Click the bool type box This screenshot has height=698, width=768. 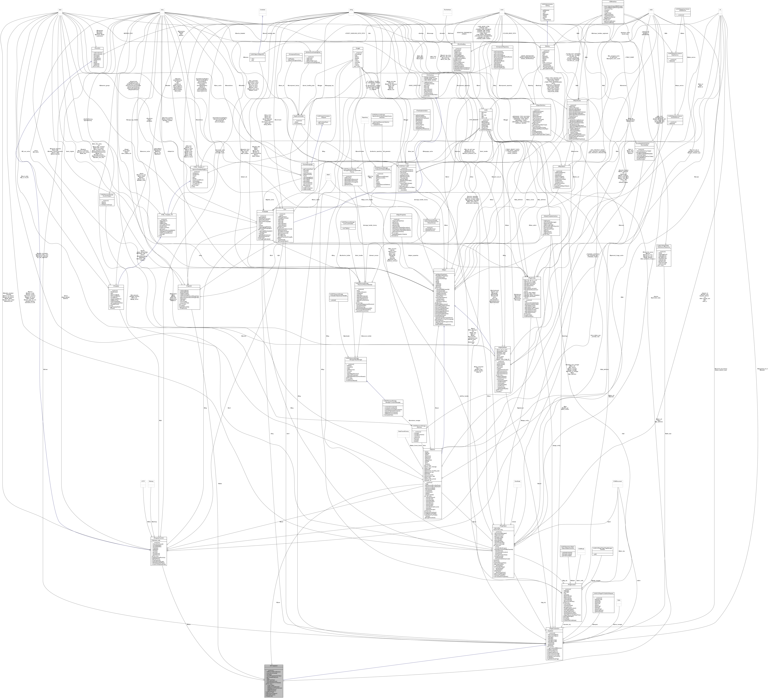(x=60, y=10)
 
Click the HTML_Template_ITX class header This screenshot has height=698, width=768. (x=167, y=215)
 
